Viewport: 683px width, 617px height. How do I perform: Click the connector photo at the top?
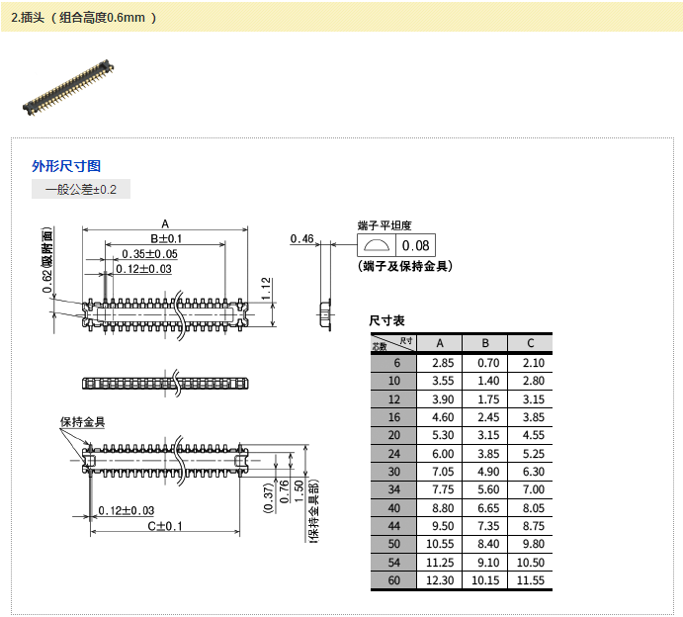[69, 90]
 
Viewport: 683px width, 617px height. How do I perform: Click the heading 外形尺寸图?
[66, 166]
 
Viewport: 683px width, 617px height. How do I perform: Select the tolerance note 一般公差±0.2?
[81, 189]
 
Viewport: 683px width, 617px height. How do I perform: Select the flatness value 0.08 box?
[416, 245]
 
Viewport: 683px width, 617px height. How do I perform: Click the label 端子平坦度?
[384, 225]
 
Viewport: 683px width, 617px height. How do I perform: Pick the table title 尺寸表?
[386, 320]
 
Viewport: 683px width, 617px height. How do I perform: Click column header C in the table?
[530, 343]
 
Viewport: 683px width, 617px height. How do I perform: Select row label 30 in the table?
[394, 472]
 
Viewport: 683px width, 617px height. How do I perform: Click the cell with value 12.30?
[440, 580]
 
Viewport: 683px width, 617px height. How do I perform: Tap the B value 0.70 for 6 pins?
[485, 363]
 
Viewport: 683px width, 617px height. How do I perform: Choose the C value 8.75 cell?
[530, 526]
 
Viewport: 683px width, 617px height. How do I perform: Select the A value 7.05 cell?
[440, 472]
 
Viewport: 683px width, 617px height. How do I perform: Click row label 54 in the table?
[394, 562]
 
